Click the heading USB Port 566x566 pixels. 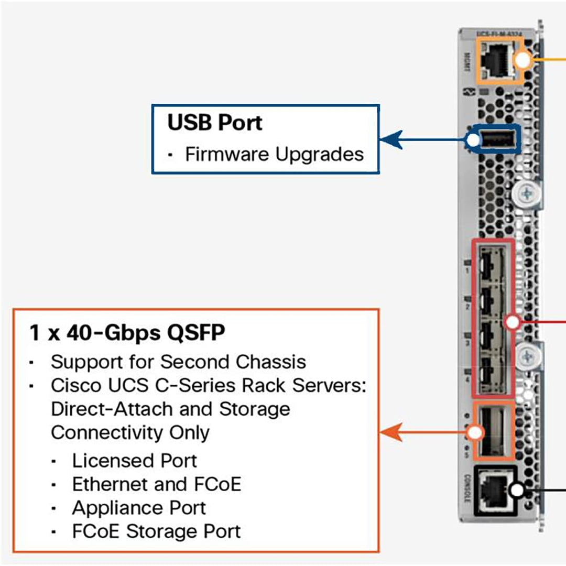click(x=215, y=123)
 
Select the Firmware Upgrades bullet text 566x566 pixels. click(x=274, y=155)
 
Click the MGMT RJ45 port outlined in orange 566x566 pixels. click(x=495, y=62)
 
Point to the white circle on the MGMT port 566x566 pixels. click(x=523, y=61)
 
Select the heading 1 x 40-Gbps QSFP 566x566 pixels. click(x=127, y=333)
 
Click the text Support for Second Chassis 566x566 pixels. click(x=178, y=362)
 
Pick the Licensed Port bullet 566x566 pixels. click(x=134, y=461)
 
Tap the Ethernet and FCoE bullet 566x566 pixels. click(x=156, y=484)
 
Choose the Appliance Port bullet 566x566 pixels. click(x=139, y=507)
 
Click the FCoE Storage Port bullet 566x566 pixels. click(x=156, y=531)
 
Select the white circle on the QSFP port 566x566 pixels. click(x=475, y=432)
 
